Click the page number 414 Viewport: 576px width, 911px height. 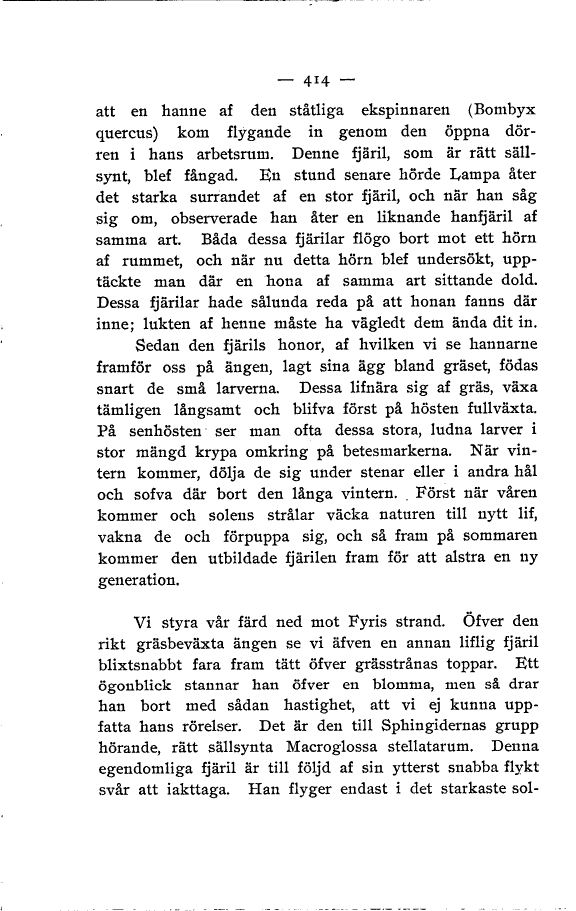coord(304,78)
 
